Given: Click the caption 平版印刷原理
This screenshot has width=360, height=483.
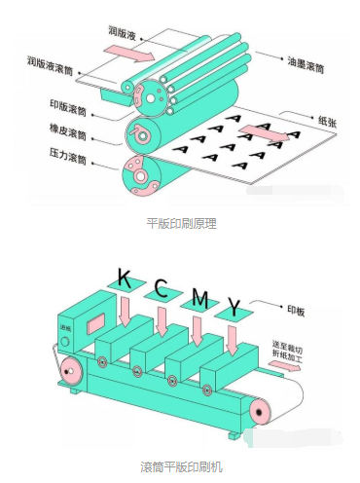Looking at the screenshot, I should tap(181, 223).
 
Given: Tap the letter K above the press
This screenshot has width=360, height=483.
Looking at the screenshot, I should tap(124, 280).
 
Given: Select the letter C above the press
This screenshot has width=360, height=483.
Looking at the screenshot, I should tap(162, 288).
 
